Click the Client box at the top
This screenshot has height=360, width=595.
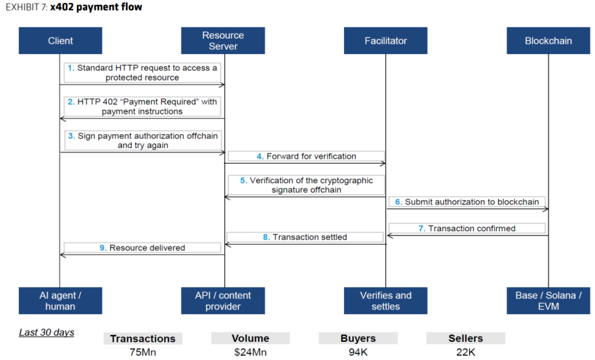60,41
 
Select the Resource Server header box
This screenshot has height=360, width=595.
223,41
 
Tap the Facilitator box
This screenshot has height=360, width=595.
386,41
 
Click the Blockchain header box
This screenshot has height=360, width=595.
548,41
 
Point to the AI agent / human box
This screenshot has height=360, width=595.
60,301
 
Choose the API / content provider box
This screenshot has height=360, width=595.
223,301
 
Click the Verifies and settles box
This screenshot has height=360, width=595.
386,301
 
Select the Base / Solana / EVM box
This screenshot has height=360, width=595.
548,301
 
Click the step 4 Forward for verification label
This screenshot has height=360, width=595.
306,156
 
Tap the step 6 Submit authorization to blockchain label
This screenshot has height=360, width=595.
467,202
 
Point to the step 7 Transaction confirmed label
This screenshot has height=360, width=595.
467,229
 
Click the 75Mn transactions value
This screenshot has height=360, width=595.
142,351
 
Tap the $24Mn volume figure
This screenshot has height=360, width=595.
250,351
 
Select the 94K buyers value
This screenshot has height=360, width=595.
358,351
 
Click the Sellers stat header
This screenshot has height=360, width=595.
465,339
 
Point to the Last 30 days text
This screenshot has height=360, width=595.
46,333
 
